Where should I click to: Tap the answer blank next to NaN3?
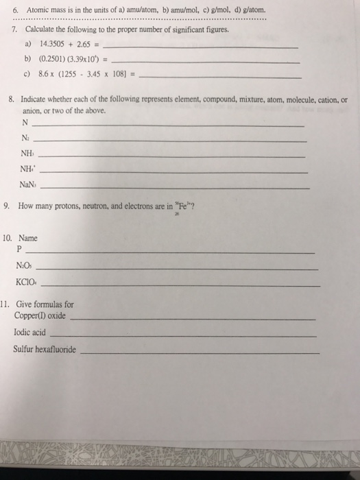coord(178,187)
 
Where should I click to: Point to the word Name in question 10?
coord(28,238)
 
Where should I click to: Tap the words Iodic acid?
coord(29,333)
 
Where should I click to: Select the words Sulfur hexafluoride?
coord(45,349)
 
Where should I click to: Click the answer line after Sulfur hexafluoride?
coord(199,352)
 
